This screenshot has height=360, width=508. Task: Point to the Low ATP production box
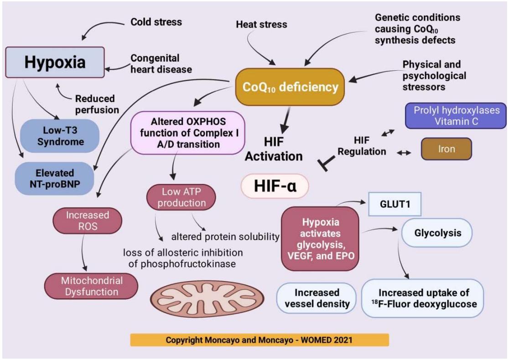click(x=181, y=198)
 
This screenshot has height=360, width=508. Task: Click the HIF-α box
click(x=275, y=186)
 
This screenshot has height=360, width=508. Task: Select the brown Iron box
click(x=446, y=149)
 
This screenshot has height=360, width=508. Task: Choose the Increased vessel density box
click(x=316, y=298)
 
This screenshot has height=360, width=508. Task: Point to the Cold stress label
click(x=156, y=21)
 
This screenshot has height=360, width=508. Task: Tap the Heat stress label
click(x=261, y=24)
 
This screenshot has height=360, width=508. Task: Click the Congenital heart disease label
click(x=161, y=64)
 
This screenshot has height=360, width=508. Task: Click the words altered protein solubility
click(x=225, y=237)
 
